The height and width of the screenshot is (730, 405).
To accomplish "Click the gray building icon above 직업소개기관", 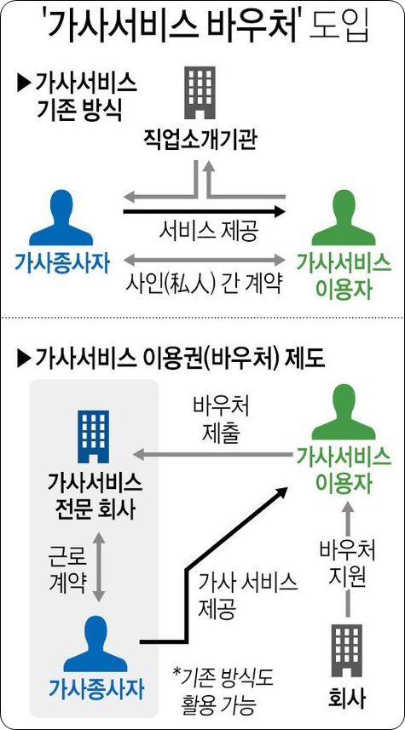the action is (x=200, y=93).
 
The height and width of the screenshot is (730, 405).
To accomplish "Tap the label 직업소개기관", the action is (x=200, y=141).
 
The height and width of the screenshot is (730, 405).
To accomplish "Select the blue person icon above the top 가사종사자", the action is (x=61, y=217).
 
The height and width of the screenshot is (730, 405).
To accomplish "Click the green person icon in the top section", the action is (x=344, y=217).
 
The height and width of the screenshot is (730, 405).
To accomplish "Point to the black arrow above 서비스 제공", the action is (x=204, y=211).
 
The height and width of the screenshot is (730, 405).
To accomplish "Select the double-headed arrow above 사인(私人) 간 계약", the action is (x=204, y=259).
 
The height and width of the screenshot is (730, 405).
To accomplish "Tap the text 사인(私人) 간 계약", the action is (x=204, y=284).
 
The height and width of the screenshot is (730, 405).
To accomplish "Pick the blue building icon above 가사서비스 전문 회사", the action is (x=93, y=437).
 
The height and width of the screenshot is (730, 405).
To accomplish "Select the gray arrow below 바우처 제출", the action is (x=209, y=453).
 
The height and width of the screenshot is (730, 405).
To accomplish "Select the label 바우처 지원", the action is (x=347, y=564).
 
